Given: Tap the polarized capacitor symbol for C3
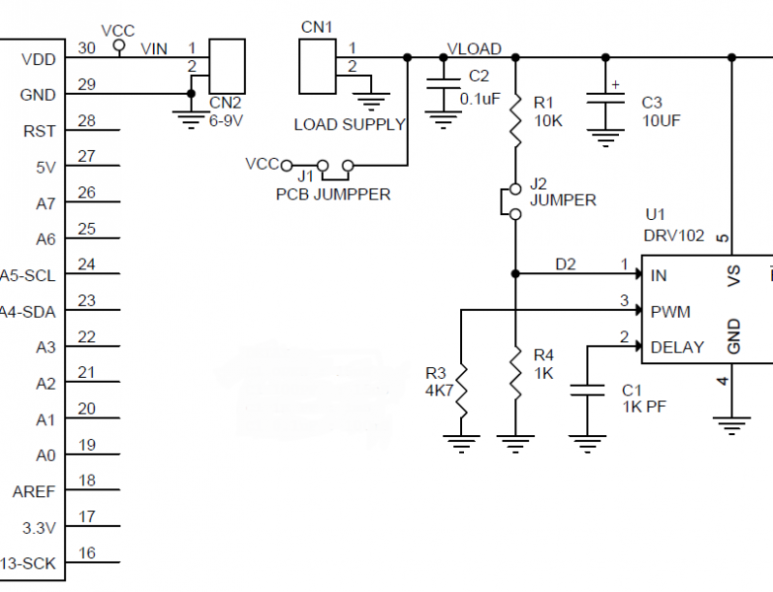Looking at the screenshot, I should pos(604,103).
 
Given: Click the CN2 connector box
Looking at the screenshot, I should pos(227,67).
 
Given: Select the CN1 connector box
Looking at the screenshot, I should pos(317,67).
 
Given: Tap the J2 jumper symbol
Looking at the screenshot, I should pos(514,200).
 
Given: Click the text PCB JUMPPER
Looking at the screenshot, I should pos(333,194).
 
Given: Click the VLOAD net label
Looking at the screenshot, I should pos(474,48).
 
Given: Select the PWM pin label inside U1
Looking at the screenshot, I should pos(669,312).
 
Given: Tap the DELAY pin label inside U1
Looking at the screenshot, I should pos(677,347).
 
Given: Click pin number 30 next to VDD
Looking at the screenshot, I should pos(87,47).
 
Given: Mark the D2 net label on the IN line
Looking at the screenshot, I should pos(565,263).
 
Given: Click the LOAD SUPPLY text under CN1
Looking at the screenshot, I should pos(349,124).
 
